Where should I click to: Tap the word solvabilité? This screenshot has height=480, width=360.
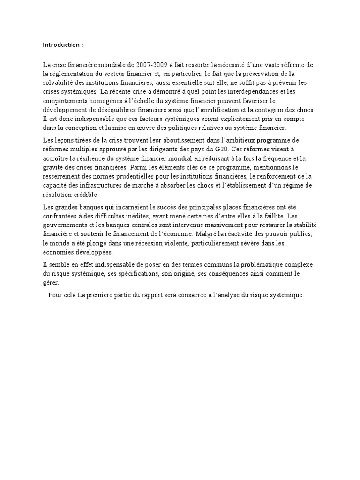click(60, 82)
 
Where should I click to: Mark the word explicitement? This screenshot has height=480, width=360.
click(250, 119)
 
